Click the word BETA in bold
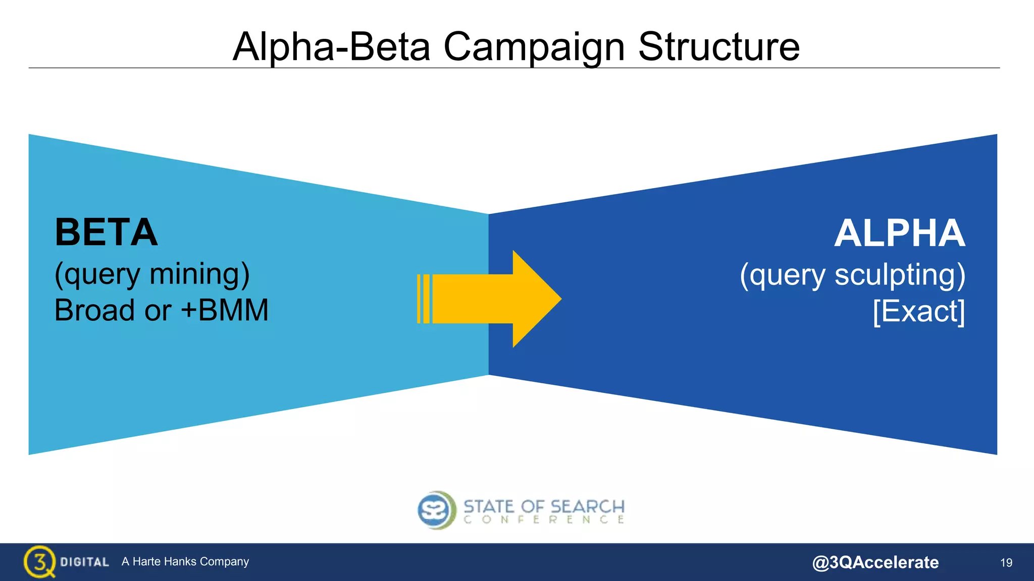[x=106, y=233]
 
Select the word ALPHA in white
[x=899, y=234]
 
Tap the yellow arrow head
[x=535, y=299]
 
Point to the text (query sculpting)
[x=852, y=275]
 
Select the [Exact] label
[x=919, y=311]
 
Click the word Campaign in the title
[x=534, y=47]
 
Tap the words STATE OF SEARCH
[x=544, y=506]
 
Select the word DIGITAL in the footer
[x=84, y=562]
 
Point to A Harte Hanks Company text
[x=185, y=561]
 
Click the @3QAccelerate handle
[x=875, y=562]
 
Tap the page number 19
[x=1006, y=562]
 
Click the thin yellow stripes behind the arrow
[x=423, y=299]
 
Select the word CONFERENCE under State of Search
[x=544, y=519]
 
